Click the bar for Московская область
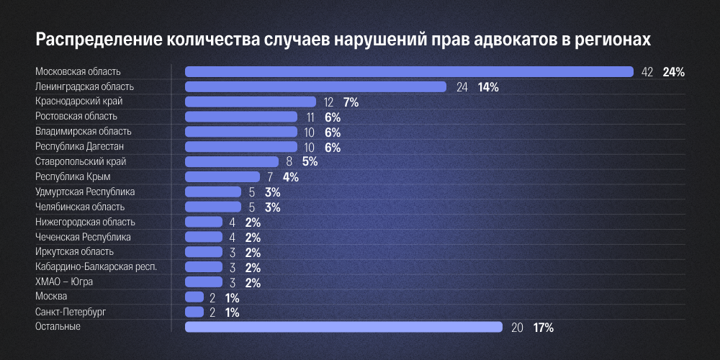[409, 71]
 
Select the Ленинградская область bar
[315, 86]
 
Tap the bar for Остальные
[343, 327]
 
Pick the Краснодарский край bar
[250, 102]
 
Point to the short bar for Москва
[194, 297]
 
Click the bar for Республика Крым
[222, 176]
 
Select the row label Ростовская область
[76, 116]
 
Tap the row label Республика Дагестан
[81, 146]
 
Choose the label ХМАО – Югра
[64, 282]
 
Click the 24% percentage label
[673, 72]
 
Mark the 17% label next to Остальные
[543, 328]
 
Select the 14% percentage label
[488, 87]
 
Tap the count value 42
[647, 72]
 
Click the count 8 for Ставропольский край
[289, 162]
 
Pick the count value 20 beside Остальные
[517, 328]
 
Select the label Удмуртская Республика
[85, 192]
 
